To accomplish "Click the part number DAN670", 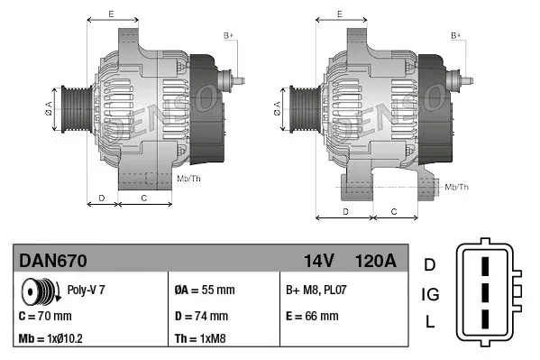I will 53,262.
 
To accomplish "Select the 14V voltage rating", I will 319,262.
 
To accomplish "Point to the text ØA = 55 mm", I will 204,291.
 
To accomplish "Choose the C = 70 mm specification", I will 45,317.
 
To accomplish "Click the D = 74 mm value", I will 200,317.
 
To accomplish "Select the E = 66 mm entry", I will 312,317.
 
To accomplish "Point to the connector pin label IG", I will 430,294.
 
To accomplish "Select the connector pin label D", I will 430,264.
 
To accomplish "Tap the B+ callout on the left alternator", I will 228,35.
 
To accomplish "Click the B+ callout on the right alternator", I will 456,35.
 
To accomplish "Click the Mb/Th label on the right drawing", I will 456,187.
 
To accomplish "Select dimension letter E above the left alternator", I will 110,14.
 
